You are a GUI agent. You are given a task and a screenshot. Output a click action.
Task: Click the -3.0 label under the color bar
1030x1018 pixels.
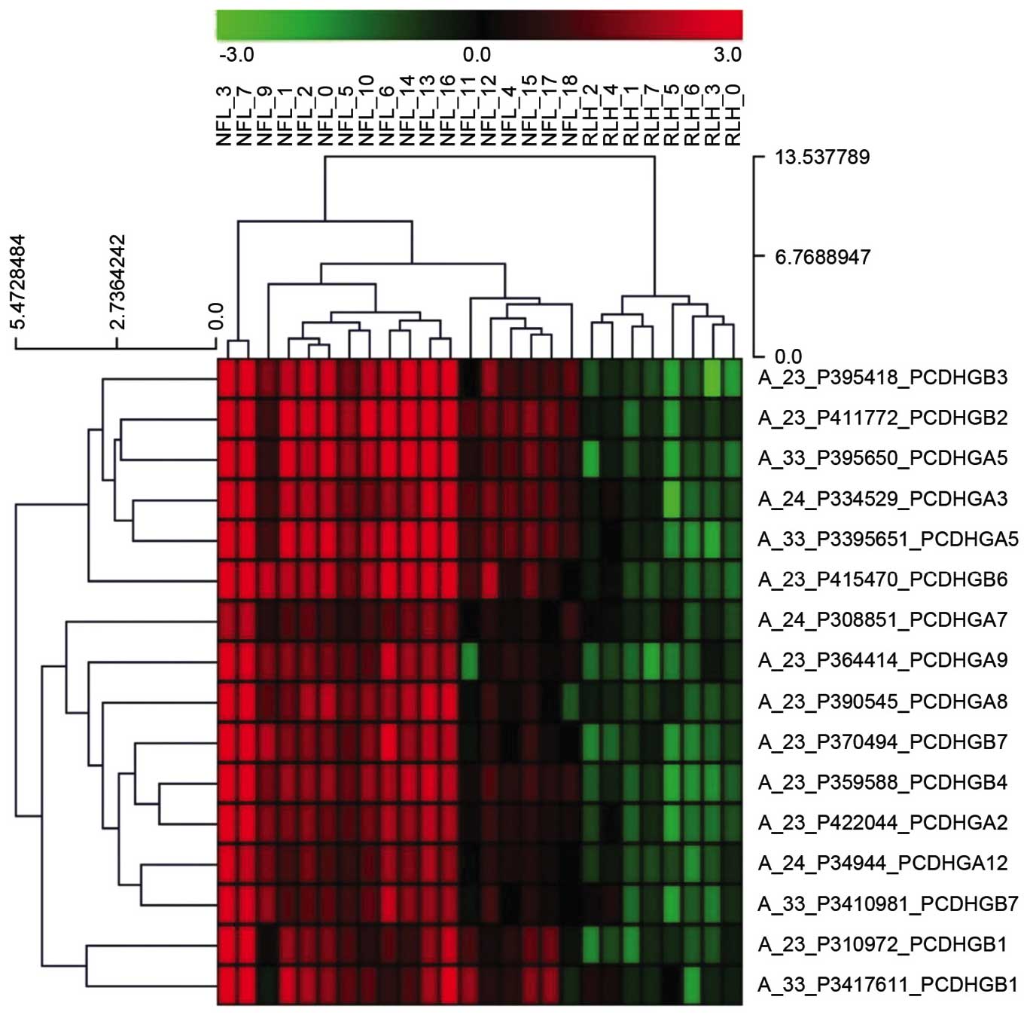(236, 55)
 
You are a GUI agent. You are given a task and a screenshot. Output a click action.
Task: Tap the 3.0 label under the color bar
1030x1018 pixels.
(727, 55)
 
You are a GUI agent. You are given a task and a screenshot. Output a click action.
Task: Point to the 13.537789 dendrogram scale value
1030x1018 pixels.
(822, 157)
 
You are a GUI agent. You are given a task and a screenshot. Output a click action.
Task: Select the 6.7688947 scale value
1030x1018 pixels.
(822, 257)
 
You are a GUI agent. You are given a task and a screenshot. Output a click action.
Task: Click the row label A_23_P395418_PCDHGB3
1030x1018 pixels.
(882, 377)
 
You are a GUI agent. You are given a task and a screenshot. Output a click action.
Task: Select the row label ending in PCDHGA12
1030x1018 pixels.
(882, 863)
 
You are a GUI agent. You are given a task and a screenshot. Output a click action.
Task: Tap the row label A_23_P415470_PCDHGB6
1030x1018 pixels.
(882, 579)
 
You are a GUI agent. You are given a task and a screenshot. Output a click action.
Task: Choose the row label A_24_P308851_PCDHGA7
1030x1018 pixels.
(882, 619)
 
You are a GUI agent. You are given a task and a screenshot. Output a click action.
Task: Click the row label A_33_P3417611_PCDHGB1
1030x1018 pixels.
(888, 984)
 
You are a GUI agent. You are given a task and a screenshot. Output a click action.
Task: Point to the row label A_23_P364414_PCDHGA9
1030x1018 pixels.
(882, 660)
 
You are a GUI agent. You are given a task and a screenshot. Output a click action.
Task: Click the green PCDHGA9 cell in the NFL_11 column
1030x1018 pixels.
(470, 660)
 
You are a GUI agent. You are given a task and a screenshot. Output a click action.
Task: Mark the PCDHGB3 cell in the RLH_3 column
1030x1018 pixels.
(713, 377)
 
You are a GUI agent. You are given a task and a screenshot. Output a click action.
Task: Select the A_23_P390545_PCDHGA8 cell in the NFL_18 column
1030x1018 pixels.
(570, 701)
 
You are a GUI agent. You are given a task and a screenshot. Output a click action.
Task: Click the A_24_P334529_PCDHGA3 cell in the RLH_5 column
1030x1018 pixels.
(672, 498)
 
